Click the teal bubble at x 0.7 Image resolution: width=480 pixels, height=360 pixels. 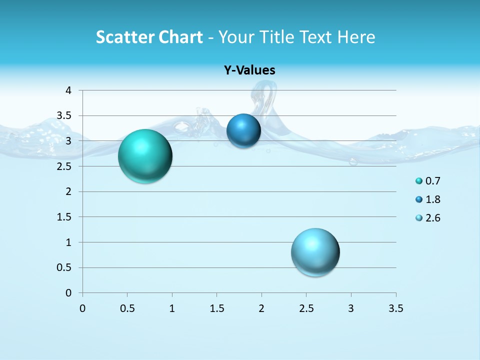pos(145,156)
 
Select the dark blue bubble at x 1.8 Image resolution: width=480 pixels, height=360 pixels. pos(243,130)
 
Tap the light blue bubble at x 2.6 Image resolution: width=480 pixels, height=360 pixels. pos(315,252)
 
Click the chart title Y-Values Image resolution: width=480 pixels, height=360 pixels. pos(249,70)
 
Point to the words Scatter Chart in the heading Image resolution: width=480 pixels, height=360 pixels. pos(149,37)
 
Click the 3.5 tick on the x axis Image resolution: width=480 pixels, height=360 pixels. pos(395,308)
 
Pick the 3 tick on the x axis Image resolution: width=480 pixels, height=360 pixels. pos(351,308)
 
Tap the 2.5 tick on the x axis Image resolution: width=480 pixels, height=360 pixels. pos(306,308)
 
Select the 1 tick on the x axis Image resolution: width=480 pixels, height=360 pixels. pos(172,308)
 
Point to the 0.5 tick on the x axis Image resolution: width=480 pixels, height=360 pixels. pos(127,308)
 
